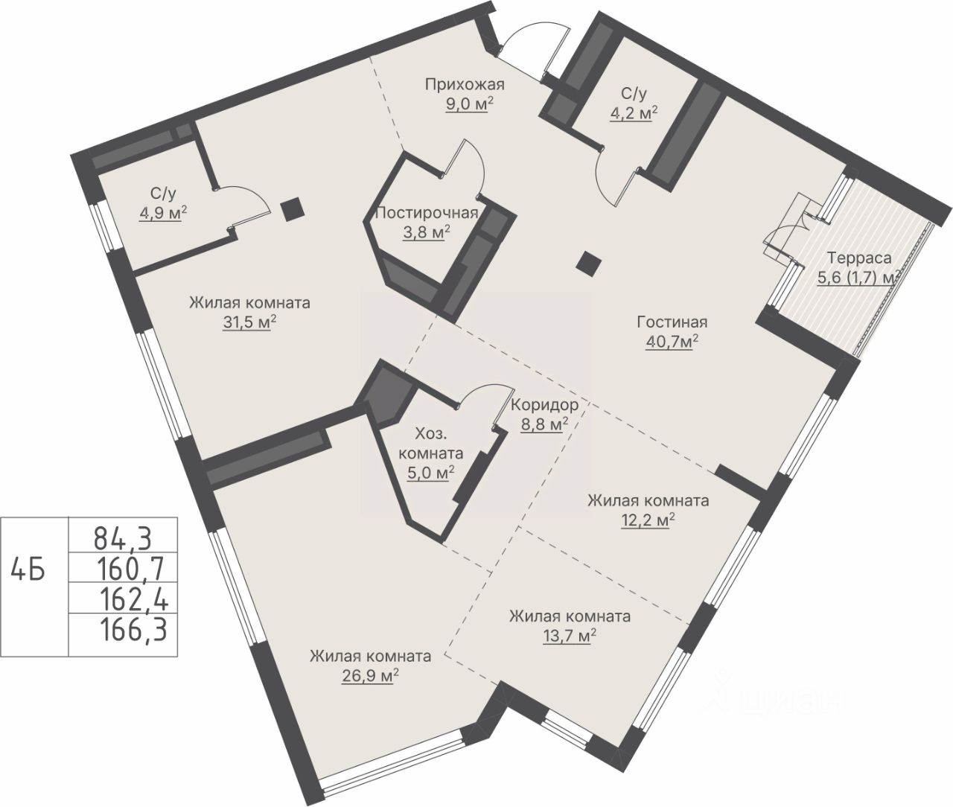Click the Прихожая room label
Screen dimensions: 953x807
[465, 85]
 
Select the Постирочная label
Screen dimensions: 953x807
[427, 213]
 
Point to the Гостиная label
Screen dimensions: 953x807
[672, 322]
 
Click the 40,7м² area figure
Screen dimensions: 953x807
[672, 342]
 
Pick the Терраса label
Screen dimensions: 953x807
[858, 258]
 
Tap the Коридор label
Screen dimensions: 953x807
[544, 405]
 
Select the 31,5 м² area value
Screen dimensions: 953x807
[249, 323]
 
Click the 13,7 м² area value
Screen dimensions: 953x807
[570, 637]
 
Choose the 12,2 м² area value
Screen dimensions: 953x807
[648, 520]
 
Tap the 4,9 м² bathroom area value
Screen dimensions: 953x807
[163, 214]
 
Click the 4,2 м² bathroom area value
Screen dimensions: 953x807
[634, 113]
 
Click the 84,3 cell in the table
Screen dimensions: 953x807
[123, 538]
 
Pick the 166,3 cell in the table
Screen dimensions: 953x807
[133, 629]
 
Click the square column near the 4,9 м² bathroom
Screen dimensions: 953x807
[291, 209]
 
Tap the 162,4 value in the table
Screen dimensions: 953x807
[134, 599]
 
